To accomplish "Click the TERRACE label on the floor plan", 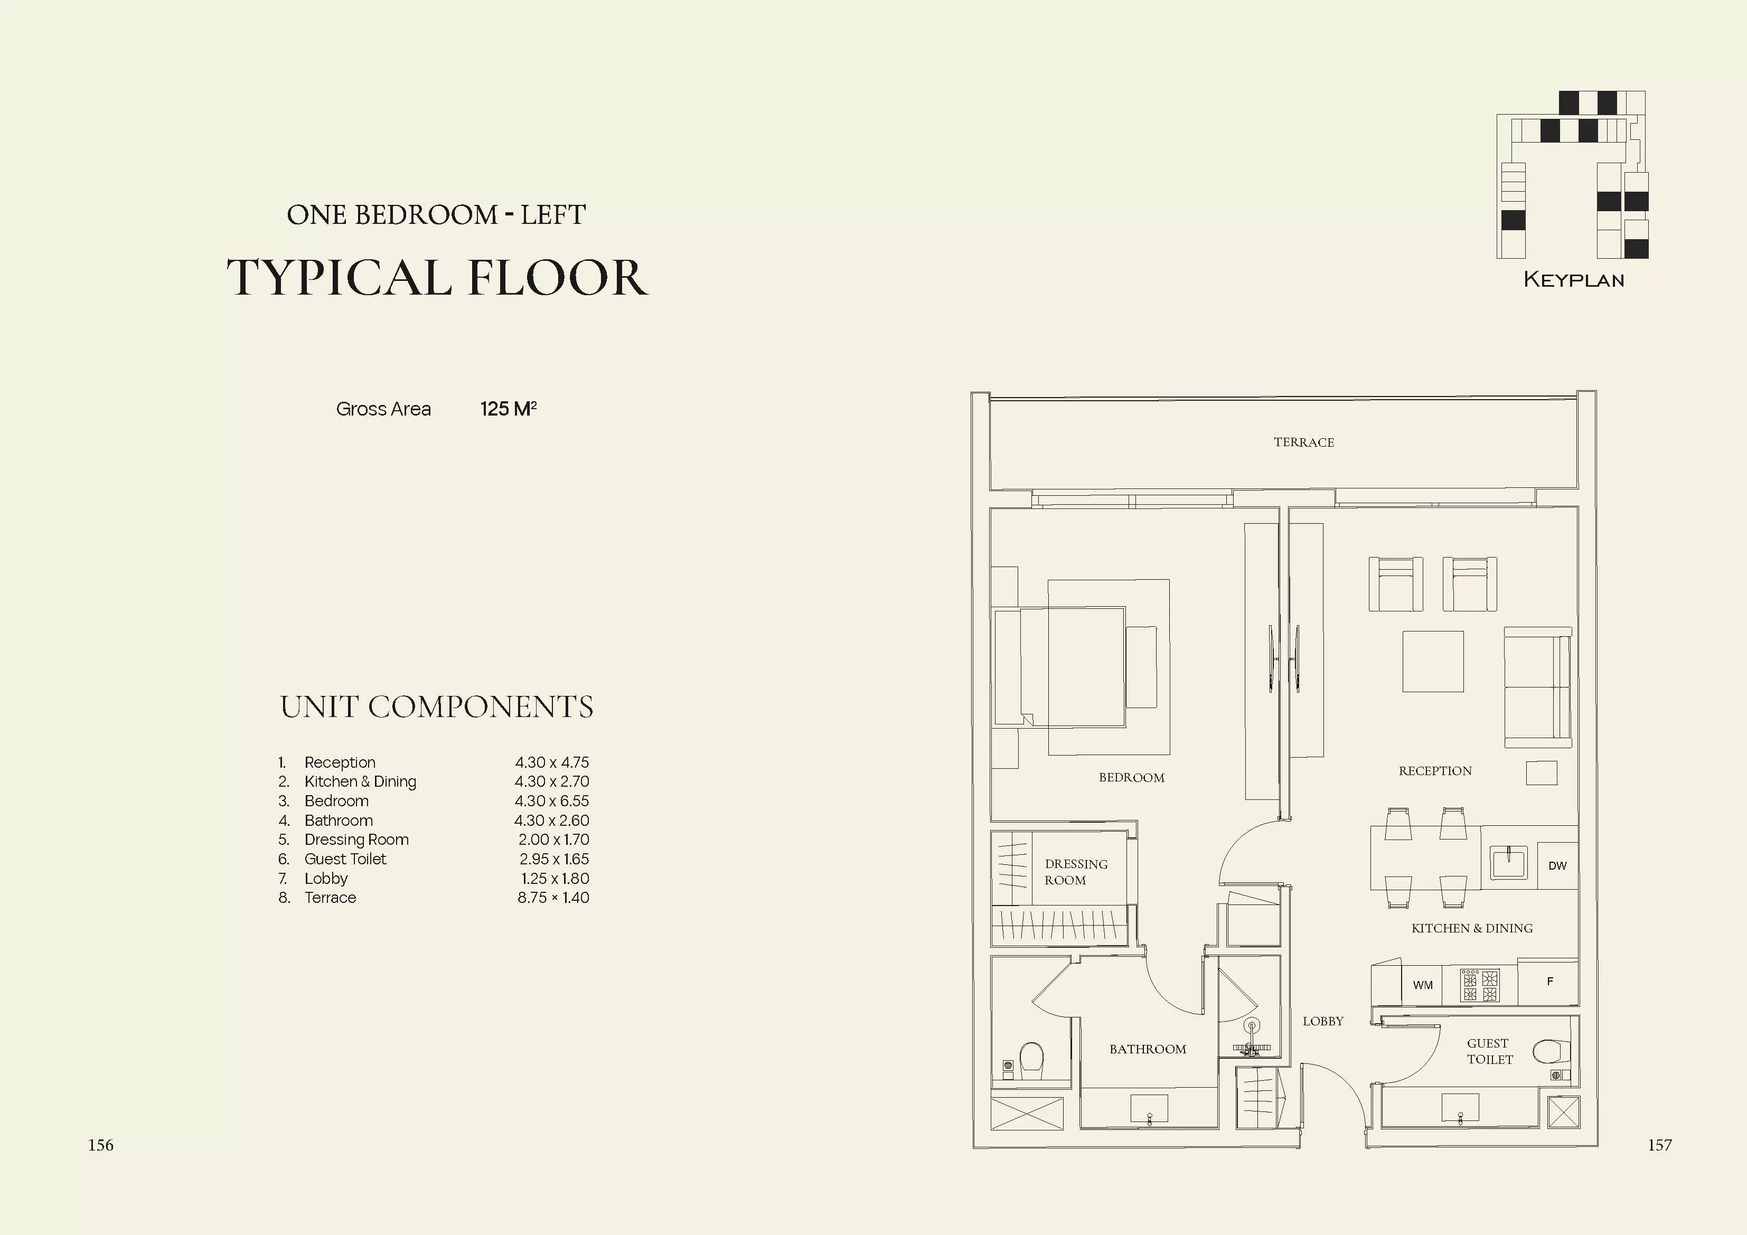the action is click(1303, 442).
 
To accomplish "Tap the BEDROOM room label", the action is click(1131, 778).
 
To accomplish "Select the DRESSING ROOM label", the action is click(1076, 872).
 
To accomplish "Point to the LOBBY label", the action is click(1323, 1021).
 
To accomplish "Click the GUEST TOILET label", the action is click(1490, 1051).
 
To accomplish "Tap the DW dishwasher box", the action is click(1557, 865).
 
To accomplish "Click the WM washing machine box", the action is click(1423, 985).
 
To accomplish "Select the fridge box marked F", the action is click(1548, 982).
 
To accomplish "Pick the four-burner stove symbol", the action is click(1480, 985).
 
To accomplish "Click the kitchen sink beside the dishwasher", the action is click(1509, 864).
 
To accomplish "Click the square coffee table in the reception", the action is click(1433, 661).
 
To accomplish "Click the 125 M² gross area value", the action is click(508, 409).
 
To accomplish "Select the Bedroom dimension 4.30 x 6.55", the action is click(552, 802).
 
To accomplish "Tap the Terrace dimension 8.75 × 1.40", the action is click(553, 898).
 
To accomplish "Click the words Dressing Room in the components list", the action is click(356, 840).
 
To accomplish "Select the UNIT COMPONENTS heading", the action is click(437, 707).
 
